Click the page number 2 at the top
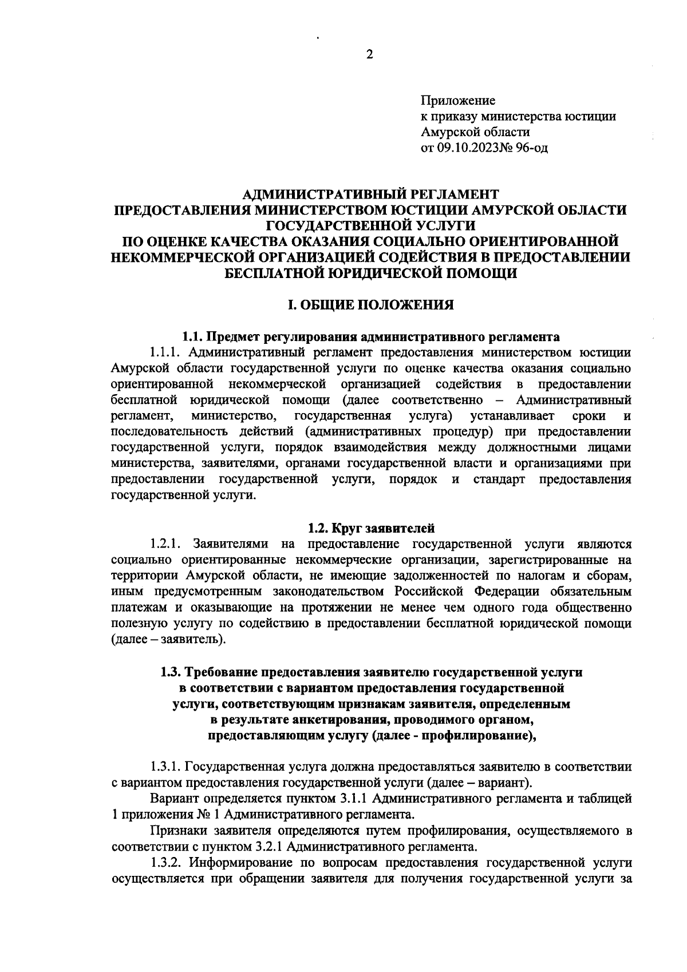(x=369, y=55)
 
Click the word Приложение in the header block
(x=458, y=101)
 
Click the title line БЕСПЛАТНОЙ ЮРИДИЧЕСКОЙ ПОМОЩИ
(x=370, y=273)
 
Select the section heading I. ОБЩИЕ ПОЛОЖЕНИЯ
(x=370, y=304)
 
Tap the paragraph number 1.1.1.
(x=165, y=351)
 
